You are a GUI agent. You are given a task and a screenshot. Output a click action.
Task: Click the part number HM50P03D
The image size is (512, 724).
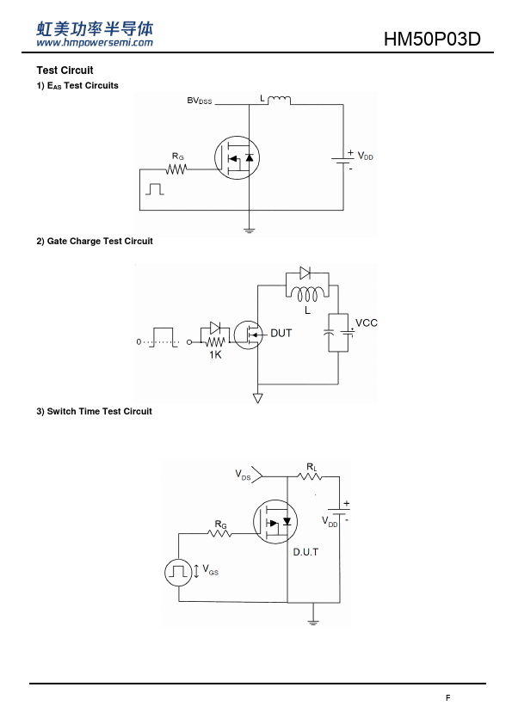coord(432,40)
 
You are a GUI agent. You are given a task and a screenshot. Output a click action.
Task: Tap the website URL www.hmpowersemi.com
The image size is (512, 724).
coord(95,43)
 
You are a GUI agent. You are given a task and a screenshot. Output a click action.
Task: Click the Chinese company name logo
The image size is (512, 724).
coord(95,28)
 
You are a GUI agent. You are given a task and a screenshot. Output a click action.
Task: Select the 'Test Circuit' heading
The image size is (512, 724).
coord(65,71)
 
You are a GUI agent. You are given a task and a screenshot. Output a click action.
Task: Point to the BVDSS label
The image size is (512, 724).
coord(200,101)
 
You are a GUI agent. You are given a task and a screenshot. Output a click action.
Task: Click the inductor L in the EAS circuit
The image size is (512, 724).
coord(279,100)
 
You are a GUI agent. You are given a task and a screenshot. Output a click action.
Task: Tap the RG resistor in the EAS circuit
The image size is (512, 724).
coord(176,169)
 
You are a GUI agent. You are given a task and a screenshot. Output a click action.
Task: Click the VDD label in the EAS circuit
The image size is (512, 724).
coord(366,156)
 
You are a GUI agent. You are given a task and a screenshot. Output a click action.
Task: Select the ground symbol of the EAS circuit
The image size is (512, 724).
coord(249,230)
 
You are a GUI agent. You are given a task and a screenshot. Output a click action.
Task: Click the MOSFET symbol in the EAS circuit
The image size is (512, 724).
coord(237,158)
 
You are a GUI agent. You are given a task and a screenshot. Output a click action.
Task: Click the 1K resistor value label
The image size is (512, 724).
coord(215,354)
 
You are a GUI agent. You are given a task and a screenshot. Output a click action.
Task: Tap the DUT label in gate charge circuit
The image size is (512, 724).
coord(281,333)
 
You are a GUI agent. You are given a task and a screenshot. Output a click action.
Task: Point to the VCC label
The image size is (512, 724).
coord(367,322)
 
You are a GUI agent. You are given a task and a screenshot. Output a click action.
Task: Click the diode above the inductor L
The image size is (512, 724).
coord(305,273)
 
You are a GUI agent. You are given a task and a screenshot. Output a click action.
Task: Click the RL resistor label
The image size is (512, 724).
coord(312,467)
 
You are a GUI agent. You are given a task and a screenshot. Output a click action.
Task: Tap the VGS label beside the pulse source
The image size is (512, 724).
coord(210,570)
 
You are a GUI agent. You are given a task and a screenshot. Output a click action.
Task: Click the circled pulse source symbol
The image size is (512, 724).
coord(178,573)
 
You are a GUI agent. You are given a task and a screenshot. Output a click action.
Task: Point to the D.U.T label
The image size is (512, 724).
coord(305,552)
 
